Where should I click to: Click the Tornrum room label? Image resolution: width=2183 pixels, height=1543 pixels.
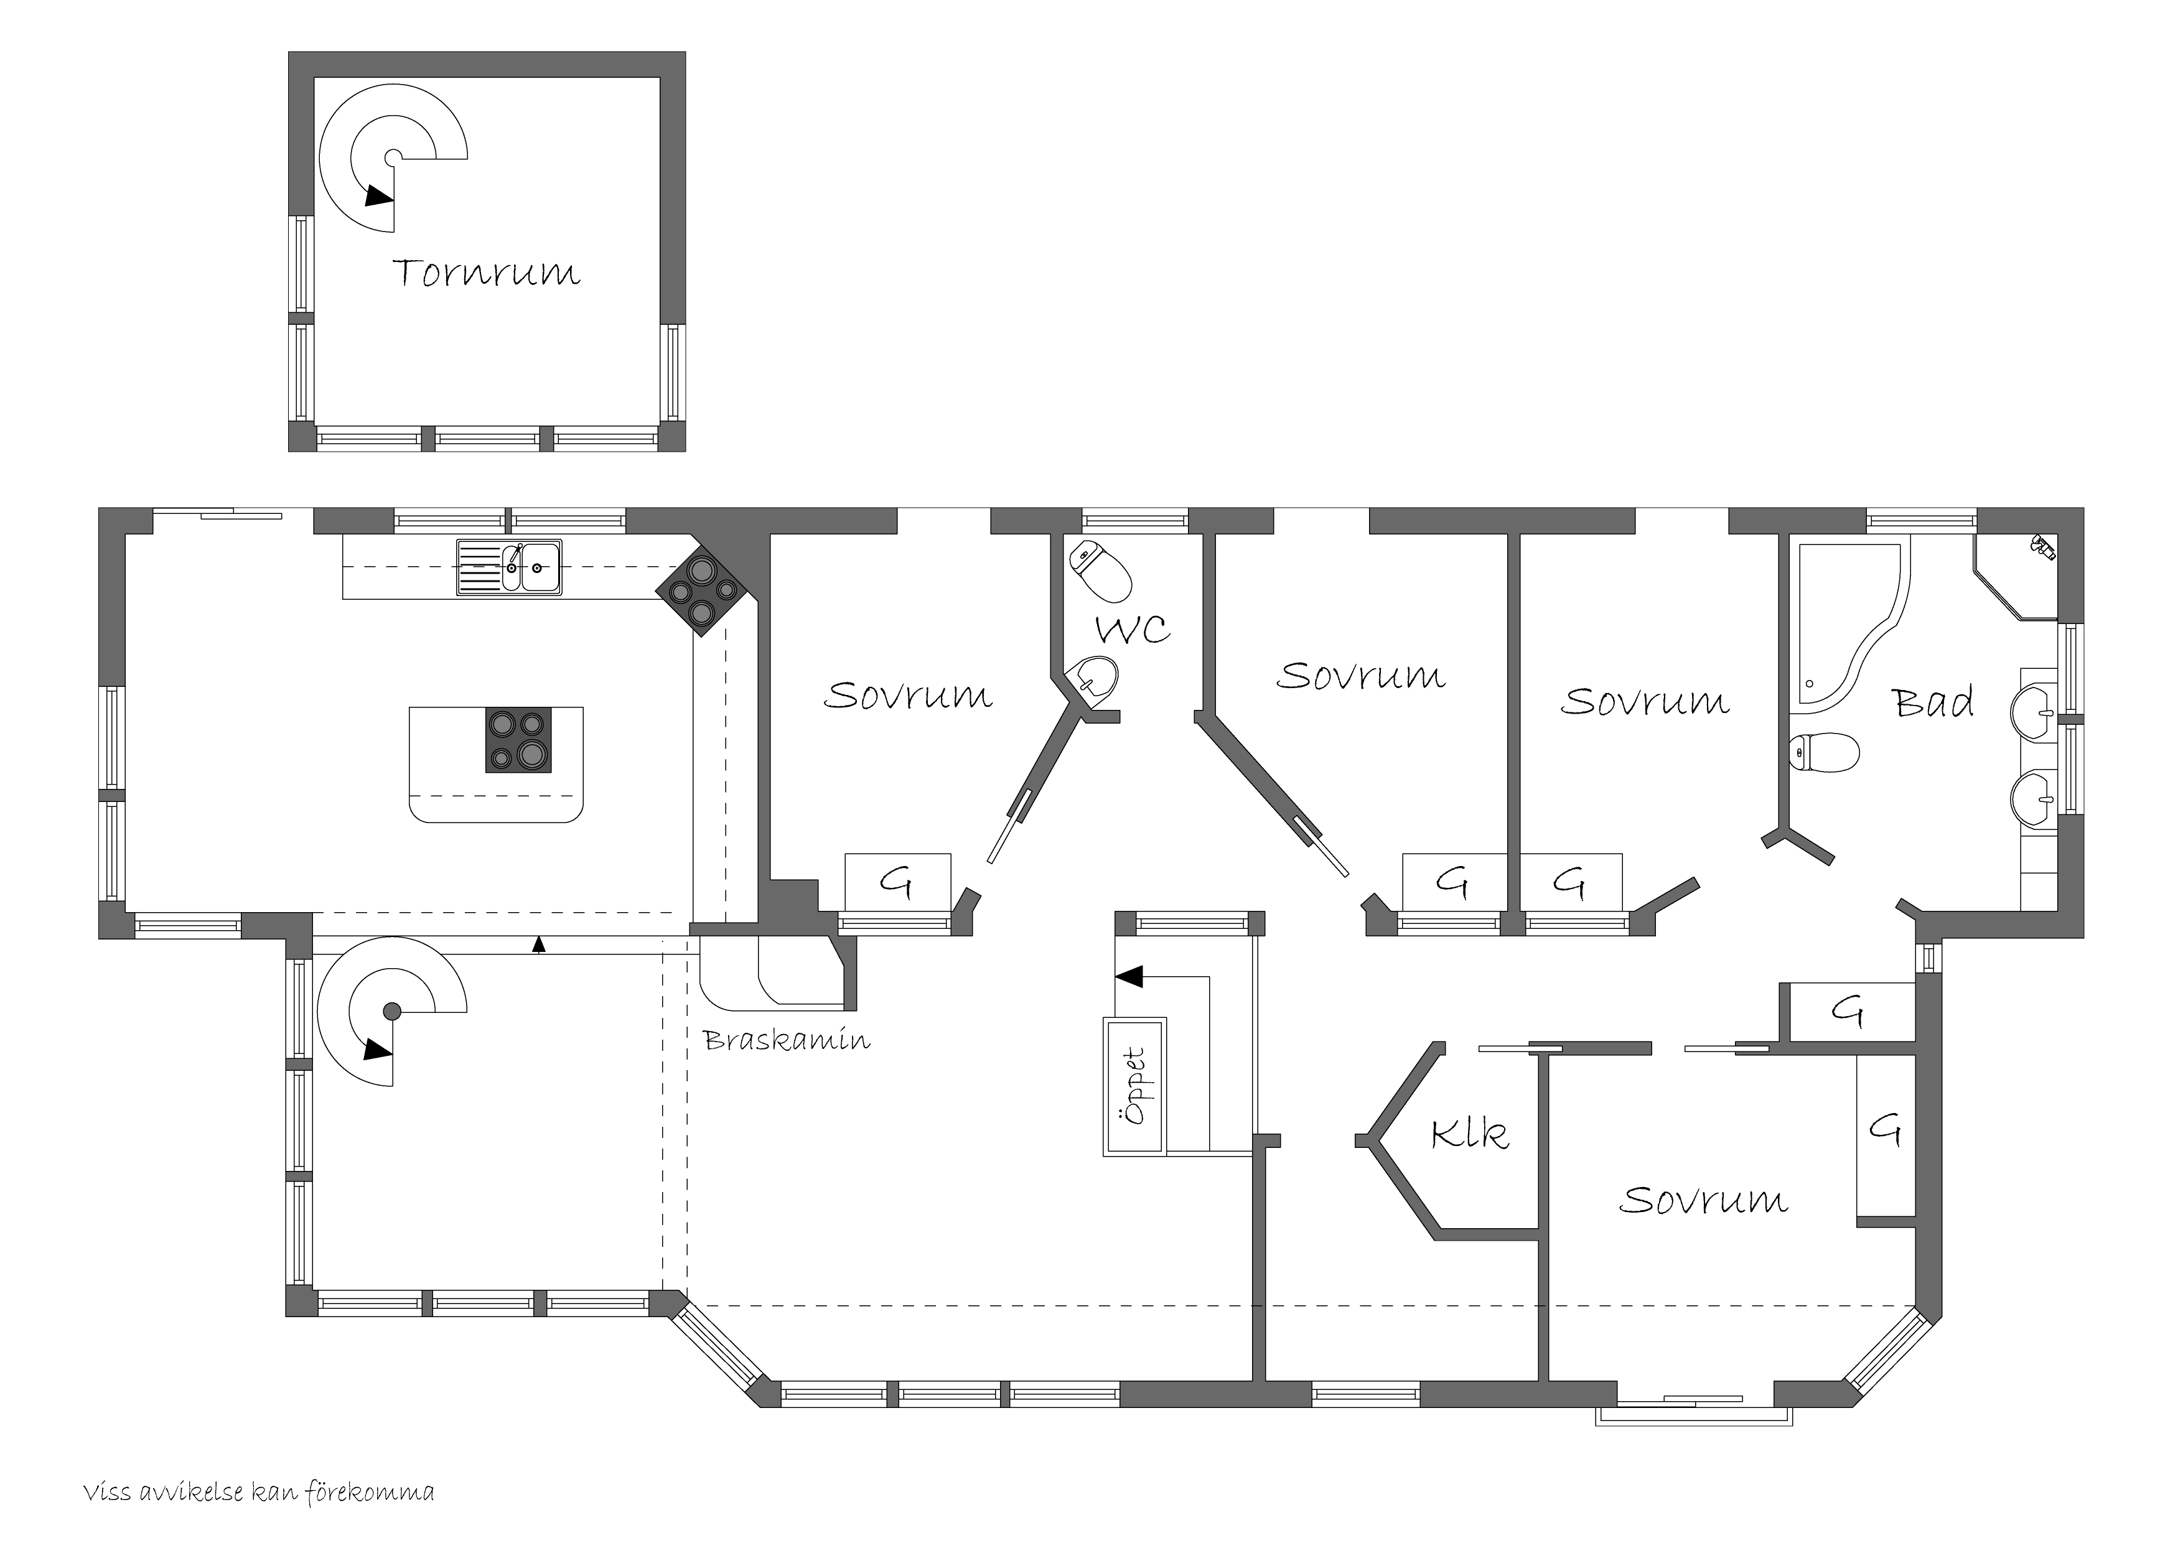486,273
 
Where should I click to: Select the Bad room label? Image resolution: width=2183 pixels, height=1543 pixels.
1933,702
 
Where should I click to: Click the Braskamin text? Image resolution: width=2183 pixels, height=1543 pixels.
787,1040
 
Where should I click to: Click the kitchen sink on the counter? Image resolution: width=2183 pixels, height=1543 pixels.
508,567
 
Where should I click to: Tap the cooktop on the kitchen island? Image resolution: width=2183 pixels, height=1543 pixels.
518,740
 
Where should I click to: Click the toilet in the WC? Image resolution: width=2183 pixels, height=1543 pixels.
1100,571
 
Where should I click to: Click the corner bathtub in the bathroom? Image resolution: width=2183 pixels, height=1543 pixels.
1849,628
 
